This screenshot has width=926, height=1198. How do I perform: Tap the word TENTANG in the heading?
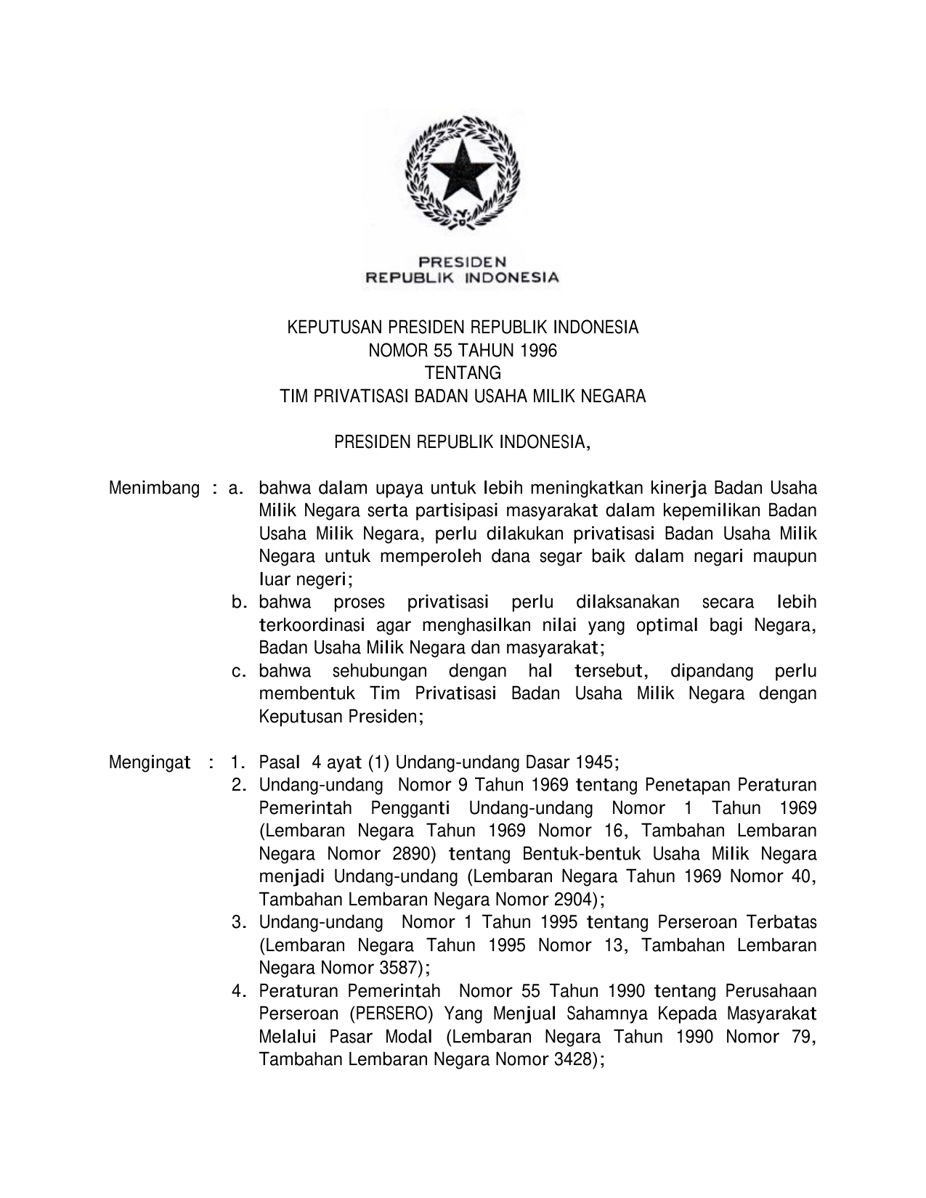click(x=463, y=373)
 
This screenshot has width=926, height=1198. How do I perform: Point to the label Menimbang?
click(x=154, y=488)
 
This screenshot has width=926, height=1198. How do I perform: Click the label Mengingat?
click(x=150, y=762)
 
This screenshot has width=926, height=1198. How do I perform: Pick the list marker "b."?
click(x=240, y=602)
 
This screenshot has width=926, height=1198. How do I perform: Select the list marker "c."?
click(x=240, y=671)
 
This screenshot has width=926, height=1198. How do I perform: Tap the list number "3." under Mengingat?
click(x=240, y=922)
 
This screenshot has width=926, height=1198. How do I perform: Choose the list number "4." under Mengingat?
click(x=240, y=991)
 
